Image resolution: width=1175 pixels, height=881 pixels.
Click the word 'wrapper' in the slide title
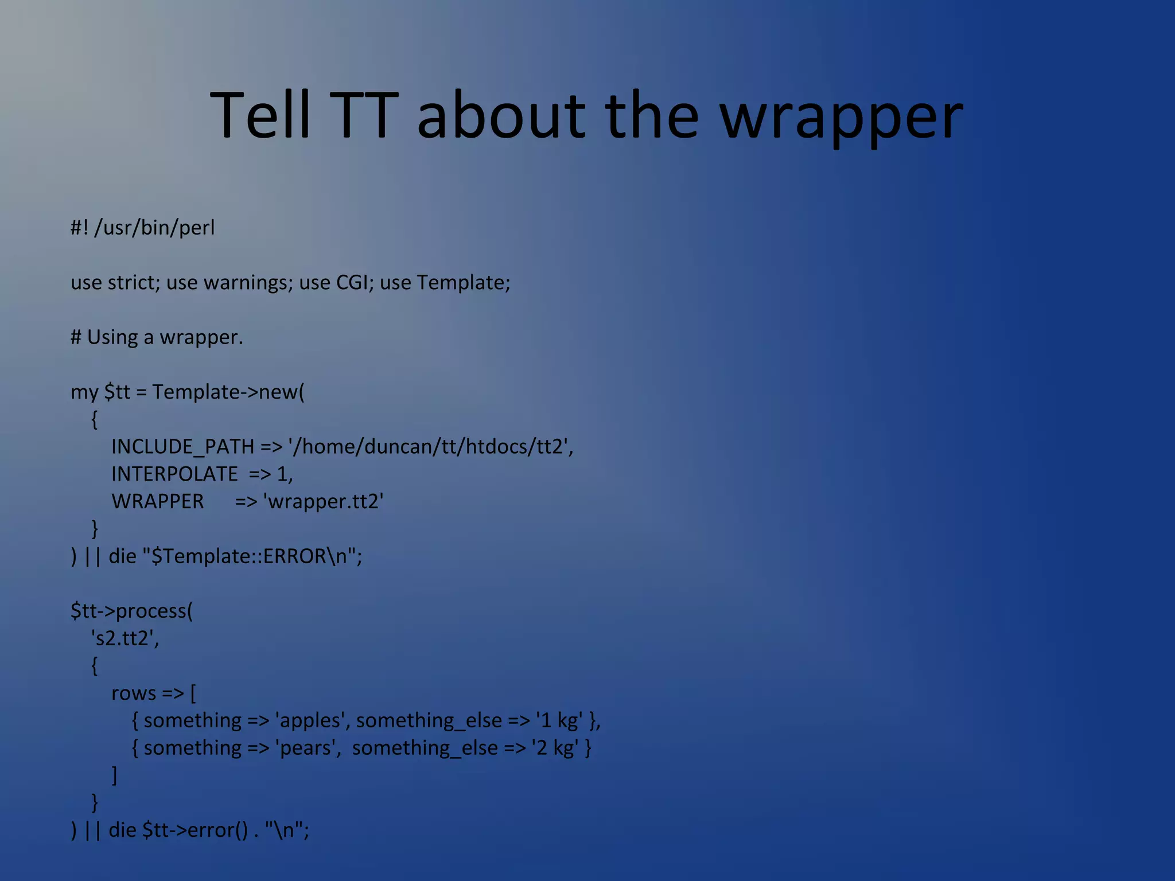click(841, 118)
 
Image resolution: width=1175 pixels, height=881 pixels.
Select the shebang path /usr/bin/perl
click(154, 228)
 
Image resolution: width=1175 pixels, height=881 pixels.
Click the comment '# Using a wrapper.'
click(157, 337)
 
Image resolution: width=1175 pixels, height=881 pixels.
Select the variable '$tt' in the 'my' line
click(117, 392)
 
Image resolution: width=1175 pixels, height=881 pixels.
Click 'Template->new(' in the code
click(228, 392)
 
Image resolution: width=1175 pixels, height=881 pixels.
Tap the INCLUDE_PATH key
click(182, 446)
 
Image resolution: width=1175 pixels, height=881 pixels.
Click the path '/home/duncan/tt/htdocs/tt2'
click(430, 446)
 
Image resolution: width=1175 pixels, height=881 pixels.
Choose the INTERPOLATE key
click(174, 474)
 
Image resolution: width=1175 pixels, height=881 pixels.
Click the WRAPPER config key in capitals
click(158, 501)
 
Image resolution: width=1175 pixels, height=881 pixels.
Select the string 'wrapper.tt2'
click(323, 501)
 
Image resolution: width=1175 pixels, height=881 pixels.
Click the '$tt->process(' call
click(131, 611)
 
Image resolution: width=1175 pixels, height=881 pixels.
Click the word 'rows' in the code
click(133, 693)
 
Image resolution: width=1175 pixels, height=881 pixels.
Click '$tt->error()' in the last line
click(195, 830)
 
